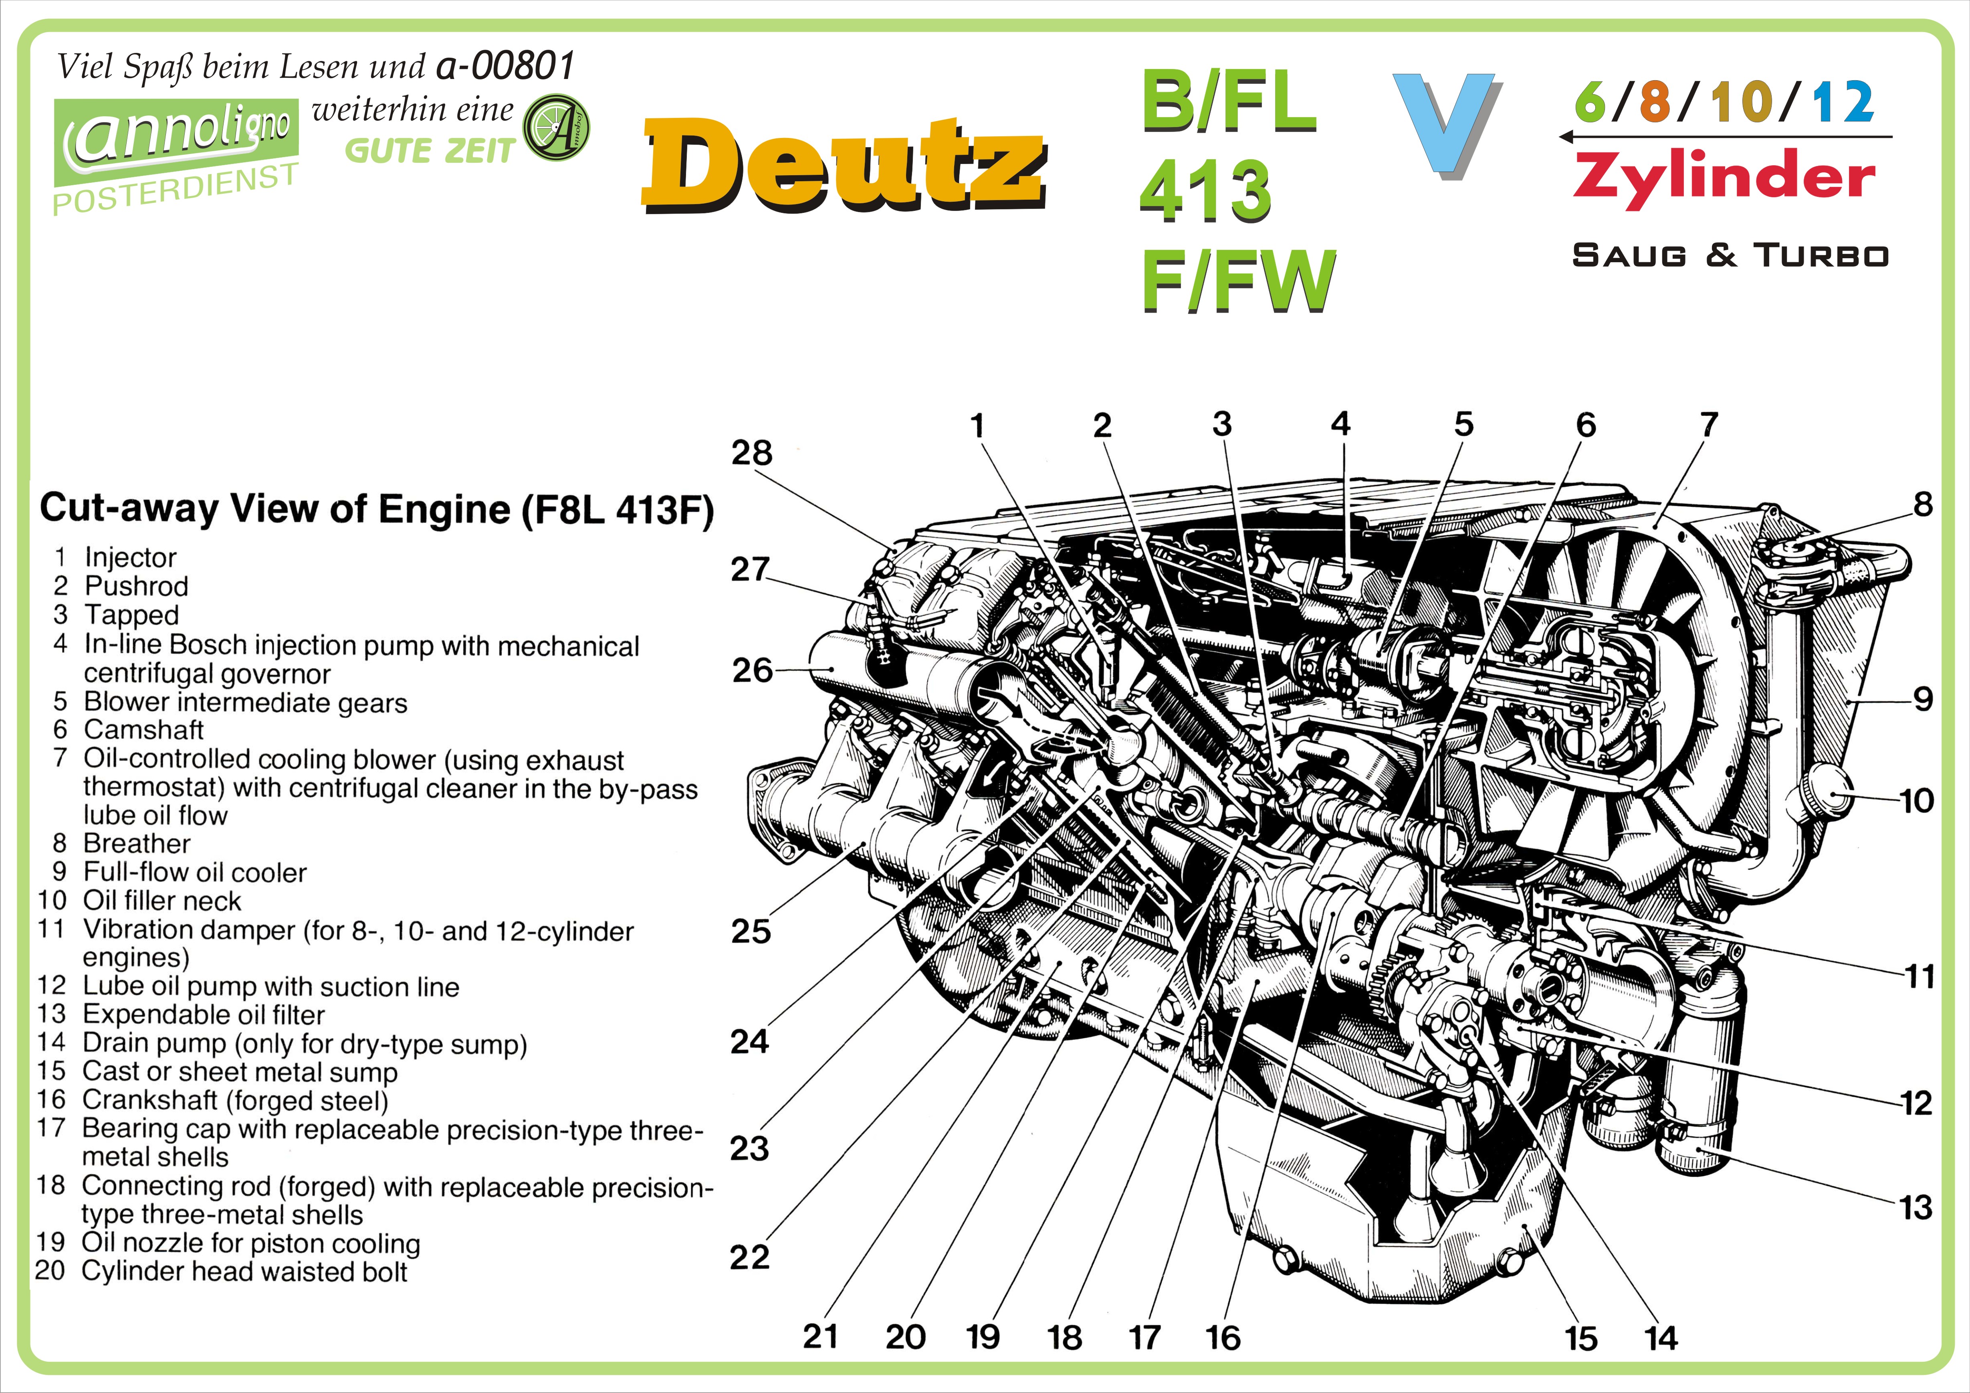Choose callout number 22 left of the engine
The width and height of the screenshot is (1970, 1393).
click(x=749, y=1257)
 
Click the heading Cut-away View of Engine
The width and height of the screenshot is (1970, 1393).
click(x=376, y=509)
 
